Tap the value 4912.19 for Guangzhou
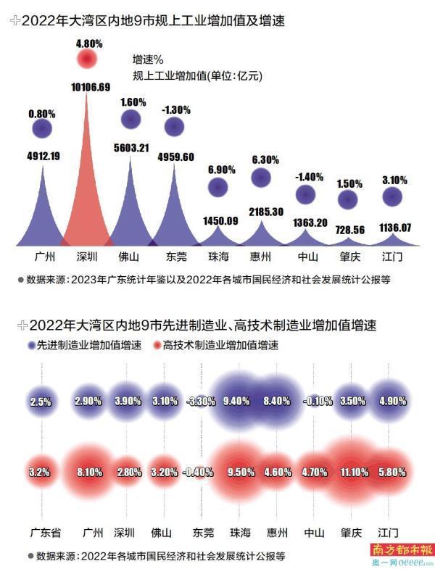pyautogui.click(x=43, y=156)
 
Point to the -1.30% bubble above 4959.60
pyautogui.click(x=174, y=127)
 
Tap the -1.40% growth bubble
pyautogui.click(x=307, y=194)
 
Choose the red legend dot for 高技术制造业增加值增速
pyautogui.click(x=156, y=345)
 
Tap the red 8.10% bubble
pyautogui.click(x=88, y=472)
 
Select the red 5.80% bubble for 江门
pyautogui.click(x=392, y=472)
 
